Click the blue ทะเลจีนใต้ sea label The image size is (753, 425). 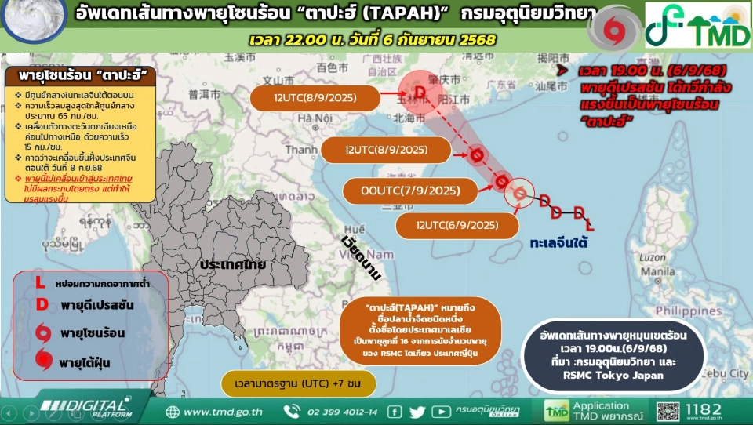558,244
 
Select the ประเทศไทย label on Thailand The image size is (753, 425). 232,264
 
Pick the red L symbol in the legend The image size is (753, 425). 41,282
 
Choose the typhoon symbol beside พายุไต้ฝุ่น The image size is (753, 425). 44,361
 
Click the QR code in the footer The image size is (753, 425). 668,411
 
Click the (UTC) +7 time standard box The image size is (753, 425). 298,385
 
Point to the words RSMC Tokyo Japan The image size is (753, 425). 625,375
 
